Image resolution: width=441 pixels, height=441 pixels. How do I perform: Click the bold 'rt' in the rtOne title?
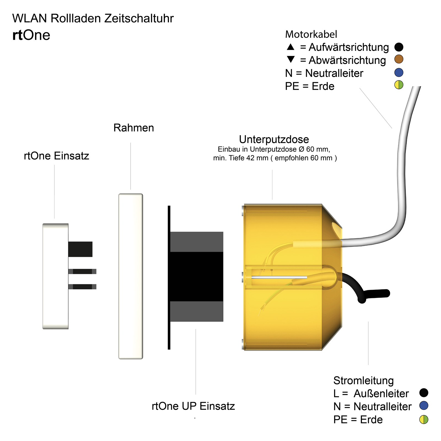pyautogui.click(x=17, y=36)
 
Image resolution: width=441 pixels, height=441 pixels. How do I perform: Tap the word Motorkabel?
pyautogui.click(x=311, y=34)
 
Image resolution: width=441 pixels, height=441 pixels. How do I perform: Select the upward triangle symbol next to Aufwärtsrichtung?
pyautogui.click(x=291, y=47)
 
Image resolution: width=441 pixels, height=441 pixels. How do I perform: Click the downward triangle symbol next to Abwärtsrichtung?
pyautogui.click(x=291, y=59)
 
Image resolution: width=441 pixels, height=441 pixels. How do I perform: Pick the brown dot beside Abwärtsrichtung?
pyautogui.click(x=399, y=59)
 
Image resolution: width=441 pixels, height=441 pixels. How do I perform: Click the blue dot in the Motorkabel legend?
pyautogui.click(x=399, y=72)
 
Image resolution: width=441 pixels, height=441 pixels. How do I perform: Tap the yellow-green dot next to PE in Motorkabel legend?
pyautogui.click(x=399, y=85)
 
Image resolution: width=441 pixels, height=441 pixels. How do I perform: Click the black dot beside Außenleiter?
pyautogui.click(x=423, y=392)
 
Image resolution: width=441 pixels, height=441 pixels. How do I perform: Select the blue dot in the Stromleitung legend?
pyautogui.click(x=423, y=405)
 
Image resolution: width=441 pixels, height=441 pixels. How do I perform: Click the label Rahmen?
pyautogui.click(x=134, y=128)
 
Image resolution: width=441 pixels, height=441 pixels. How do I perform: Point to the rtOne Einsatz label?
pyautogui.click(x=57, y=156)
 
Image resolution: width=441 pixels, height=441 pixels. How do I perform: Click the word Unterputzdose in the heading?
pyautogui.click(x=274, y=139)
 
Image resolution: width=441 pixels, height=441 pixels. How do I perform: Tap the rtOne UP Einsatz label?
pyautogui.click(x=193, y=406)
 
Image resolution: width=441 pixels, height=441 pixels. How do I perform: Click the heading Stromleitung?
pyautogui.click(x=363, y=380)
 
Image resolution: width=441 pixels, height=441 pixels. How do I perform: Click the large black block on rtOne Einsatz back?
pyautogui.click(x=80, y=249)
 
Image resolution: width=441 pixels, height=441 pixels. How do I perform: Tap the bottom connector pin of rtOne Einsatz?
pyautogui.click(x=82, y=287)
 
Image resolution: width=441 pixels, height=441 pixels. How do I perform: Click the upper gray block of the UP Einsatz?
pyautogui.click(x=197, y=242)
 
